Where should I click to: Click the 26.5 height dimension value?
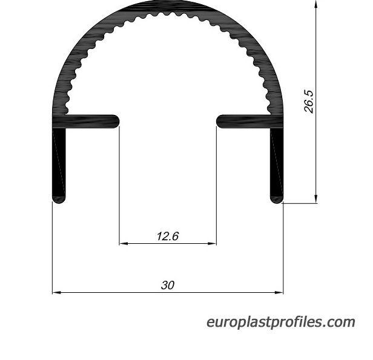tap(309, 101)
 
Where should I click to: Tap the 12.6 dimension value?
tap(168, 236)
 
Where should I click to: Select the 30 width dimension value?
tap(168, 285)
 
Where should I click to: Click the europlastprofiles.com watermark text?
tap(281, 322)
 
